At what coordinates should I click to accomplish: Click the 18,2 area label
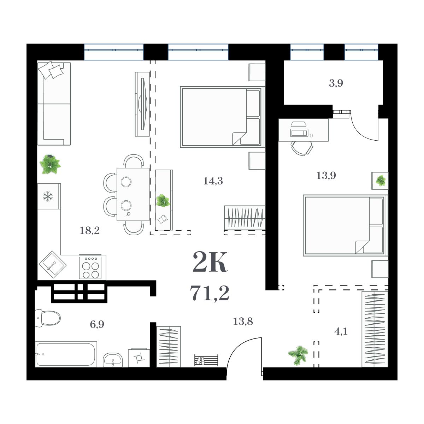click(x=90, y=231)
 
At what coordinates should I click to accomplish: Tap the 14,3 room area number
click(x=213, y=181)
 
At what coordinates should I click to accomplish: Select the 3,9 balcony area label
click(x=336, y=84)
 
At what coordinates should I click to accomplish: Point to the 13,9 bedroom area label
click(x=326, y=175)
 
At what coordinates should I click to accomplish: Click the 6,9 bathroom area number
click(x=97, y=324)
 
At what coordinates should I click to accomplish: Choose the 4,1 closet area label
click(x=341, y=331)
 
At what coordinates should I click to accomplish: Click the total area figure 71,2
click(x=210, y=293)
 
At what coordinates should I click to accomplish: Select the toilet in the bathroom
click(x=48, y=318)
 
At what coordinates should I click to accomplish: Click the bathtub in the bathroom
click(x=66, y=354)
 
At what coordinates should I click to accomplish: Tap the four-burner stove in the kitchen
click(x=90, y=267)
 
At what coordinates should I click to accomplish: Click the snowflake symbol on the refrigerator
click(x=47, y=196)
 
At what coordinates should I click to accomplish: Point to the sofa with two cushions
click(x=54, y=104)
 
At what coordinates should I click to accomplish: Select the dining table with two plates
click(x=133, y=194)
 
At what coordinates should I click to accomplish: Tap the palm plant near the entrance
click(x=298, y=354)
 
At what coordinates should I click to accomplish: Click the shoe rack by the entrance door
click(x=206, y=360)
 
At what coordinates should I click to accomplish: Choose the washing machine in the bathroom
click(x=139, y=358)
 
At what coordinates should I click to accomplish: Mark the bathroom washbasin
click(x=113, y=360)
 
